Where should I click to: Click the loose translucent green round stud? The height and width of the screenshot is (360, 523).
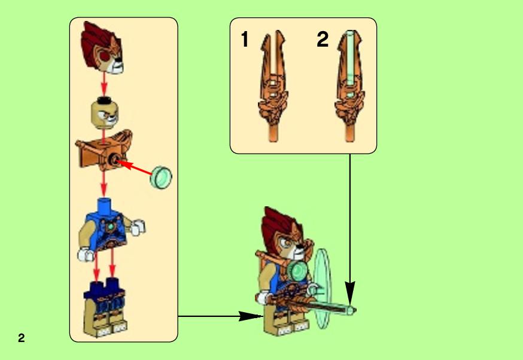(161, 178)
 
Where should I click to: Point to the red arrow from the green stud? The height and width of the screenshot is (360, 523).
(135, 167)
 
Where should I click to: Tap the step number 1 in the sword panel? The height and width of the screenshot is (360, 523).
(245, 39)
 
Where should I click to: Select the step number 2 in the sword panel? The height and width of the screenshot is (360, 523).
(323, 39)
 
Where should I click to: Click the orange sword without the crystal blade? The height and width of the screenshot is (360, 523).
(273, 87)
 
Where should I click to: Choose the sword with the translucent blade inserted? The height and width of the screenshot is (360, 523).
(349, 87)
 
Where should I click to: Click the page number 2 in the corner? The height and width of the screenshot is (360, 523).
(22, 338)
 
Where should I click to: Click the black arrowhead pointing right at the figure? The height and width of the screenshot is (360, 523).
(251, 316)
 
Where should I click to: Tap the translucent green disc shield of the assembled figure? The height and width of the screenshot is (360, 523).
(322, 288)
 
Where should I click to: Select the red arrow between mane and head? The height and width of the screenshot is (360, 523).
(104, 84)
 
